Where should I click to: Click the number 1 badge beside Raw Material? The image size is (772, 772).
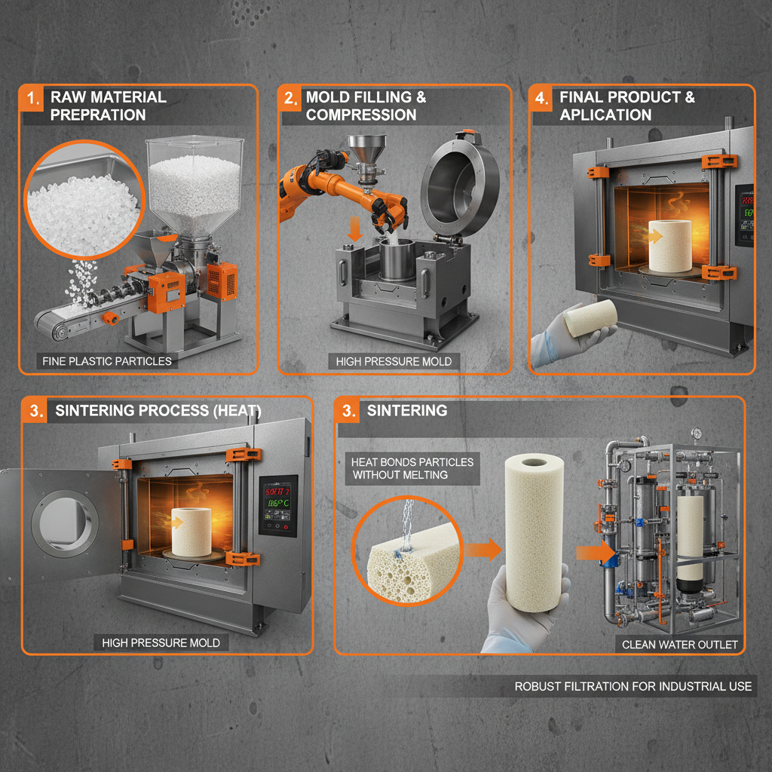pyautogui.click(x=32, y=98)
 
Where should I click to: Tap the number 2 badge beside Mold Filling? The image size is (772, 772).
pyautogui.click(x=289, y=98)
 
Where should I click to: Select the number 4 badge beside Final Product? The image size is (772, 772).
pyautogui.click(x=542, y=98)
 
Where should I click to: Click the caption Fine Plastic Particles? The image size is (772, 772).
pyautogui.click(x=106, y=361)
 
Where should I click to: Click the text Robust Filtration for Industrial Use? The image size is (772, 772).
pyautogui.click(x=633, y=686)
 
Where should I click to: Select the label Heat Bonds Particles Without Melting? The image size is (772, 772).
pyautogui.click(x=412, y=468)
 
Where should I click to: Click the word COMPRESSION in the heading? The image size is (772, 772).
pyautogui.click(x=361, y=115)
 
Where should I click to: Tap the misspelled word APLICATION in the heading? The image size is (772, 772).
pyautogui.click(x=605, y=115)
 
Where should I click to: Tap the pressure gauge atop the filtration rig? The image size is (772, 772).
pyautogui.click(x=694, y=434)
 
